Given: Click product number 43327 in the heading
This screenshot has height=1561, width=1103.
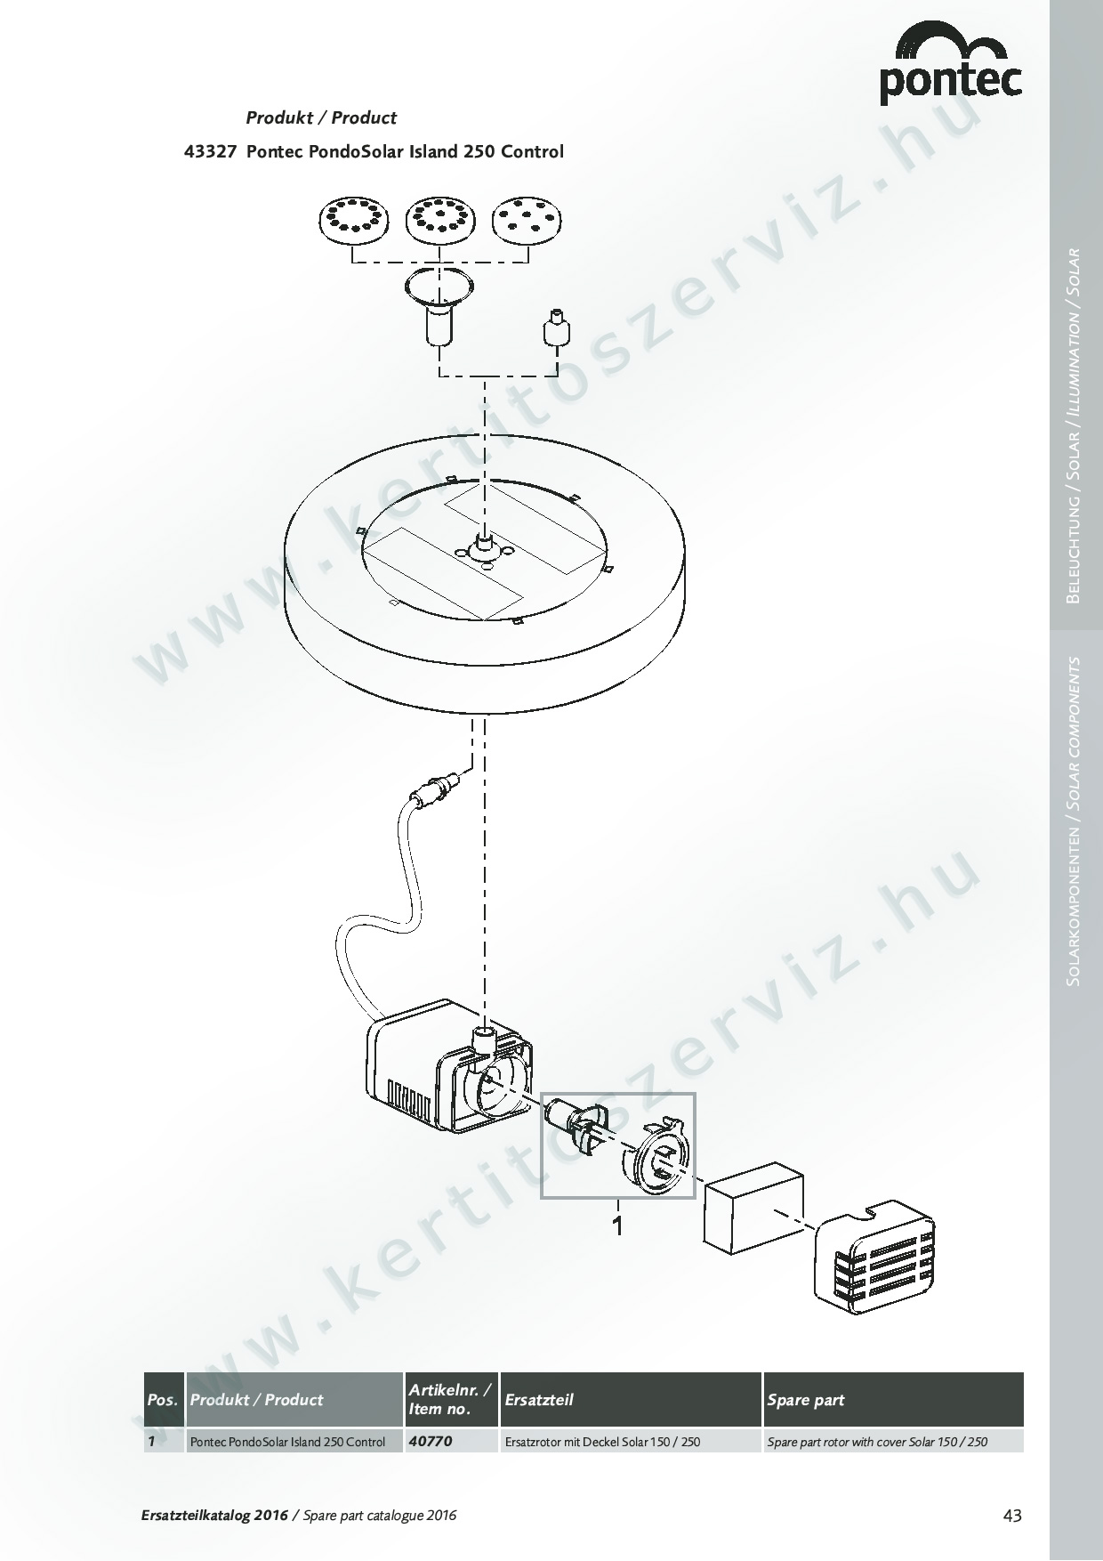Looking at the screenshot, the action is pos(210,151).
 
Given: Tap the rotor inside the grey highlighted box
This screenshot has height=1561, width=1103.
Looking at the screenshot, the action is pos(576,1125).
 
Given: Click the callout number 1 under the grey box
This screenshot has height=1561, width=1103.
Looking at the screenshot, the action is pos(616,1226).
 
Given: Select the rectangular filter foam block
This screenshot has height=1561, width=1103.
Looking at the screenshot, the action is pos(754,1210).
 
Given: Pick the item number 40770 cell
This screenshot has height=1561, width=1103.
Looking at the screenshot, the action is pos(431,1441).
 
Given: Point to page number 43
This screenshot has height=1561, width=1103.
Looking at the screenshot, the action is pos(1012,1516).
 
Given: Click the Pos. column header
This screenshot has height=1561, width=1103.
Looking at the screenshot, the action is pos(164,1400).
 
